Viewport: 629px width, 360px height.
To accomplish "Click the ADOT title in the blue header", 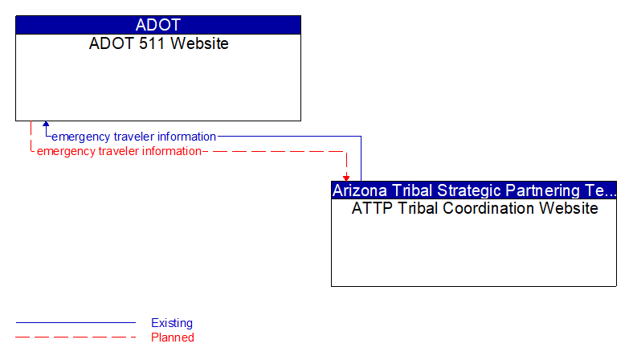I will pyautogui.click(x=158, y=25).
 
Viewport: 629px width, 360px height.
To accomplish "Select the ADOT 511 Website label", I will pyautogui.click(x=158, y=43).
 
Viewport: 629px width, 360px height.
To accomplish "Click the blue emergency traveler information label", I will pyautogui.click(x=133, y=137).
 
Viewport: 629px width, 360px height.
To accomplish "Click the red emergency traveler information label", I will pyautogui.click(x=119, y=151).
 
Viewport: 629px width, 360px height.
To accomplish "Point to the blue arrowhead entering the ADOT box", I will pyautogui.click(x=46, y=125).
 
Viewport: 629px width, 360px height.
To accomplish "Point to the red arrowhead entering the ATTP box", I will pyautogui.click(x=346, y=177).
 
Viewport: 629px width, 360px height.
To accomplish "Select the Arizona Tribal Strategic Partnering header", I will pyautogui.click(x=473, y=190).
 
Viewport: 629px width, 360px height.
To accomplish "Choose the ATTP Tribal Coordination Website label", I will pyautogui.click(x=474, y=209).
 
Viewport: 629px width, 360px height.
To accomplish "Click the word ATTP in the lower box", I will pyautogui.click(x=370, y=209).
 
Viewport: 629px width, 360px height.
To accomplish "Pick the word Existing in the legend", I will pyautogui.click(x=172, y=323).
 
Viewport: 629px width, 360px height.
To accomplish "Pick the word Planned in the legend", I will pyautogui.click(x=173, y=337).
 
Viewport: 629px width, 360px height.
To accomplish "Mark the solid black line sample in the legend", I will pyautogui.click(x=76, y=323).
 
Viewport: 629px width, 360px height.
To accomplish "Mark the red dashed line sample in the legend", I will pyautogui.click(x=76, y=337).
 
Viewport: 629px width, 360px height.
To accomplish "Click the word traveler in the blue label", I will pyautogui.click(x=134, y=137).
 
